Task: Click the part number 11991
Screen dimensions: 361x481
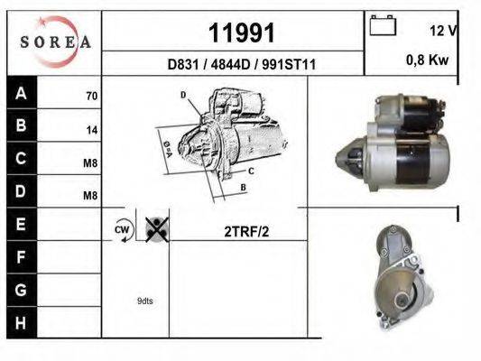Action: tap(241, 33)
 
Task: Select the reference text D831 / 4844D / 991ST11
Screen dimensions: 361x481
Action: tap(242, 65)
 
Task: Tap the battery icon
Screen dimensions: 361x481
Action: tap(384, 26)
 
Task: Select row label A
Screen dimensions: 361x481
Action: tap(20, 93)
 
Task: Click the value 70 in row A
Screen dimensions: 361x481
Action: tap(91, 95)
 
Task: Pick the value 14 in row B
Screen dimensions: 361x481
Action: tap(91, 129)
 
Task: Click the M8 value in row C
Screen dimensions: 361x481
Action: tap(90, 162)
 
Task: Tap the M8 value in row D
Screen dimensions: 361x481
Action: tap(90, 195)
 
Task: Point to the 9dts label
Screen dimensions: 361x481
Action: tap(145, 301)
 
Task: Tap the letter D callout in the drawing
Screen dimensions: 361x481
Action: tap(182, 95)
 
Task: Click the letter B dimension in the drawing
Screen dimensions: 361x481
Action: tap(244, 188)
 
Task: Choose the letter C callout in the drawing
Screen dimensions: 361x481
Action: tap(250, 171)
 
